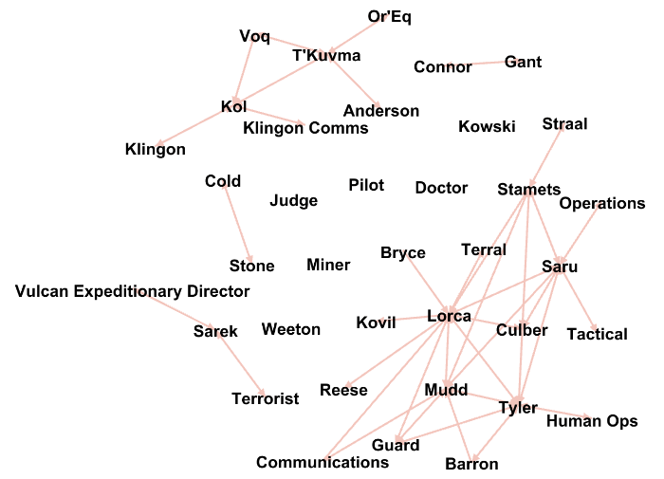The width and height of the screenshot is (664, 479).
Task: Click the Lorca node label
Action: [x=450, y=316]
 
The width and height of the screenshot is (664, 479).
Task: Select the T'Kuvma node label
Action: [x=326, y=56]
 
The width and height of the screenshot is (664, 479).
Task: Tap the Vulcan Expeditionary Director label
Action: [x=133, y=291]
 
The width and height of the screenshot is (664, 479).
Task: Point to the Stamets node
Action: [x=529, y=190]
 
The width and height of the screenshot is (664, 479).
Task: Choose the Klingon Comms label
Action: [x=305, y=128]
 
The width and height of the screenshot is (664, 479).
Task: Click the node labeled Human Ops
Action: [x=592, y=421]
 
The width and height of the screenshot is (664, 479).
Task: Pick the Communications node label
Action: [x=323, y=462]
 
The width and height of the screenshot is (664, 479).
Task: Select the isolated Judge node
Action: [x=294, y=200]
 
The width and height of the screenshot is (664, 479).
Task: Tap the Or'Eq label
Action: [x=389, y=16]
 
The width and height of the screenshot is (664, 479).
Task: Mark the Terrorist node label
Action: [x=266, y=398]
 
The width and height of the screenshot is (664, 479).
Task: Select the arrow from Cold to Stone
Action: [x=237, y=224]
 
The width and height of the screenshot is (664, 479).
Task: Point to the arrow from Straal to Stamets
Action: [x=546, y=156]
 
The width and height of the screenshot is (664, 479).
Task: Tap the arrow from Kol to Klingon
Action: [x=194, y=128]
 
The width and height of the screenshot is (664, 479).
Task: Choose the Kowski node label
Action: [x=487, y=126]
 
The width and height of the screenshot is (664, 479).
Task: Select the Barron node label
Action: [x=471, y=464]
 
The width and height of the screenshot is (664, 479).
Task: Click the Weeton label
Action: [x=291, y=329]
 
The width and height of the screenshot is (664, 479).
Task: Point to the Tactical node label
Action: [x=598, y=334]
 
